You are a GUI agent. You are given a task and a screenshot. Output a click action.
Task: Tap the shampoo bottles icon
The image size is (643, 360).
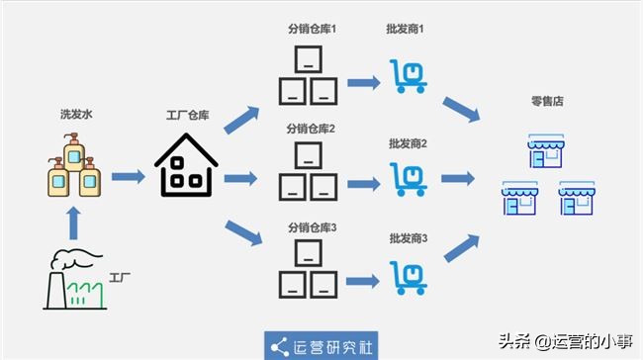click(75, 168)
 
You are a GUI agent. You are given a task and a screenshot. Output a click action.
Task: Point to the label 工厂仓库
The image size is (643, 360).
click(186, 116)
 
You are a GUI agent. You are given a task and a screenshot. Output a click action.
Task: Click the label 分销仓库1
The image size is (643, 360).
click(312, 30)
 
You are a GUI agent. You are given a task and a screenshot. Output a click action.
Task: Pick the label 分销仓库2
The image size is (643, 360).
click(312, 129)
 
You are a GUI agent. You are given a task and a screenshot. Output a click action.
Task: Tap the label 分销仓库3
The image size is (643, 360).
click(312, 228)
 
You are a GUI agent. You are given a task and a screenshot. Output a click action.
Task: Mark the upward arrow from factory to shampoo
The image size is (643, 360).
click(74, 222)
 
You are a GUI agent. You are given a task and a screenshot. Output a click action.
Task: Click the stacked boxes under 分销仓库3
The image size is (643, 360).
click(306, 272)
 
